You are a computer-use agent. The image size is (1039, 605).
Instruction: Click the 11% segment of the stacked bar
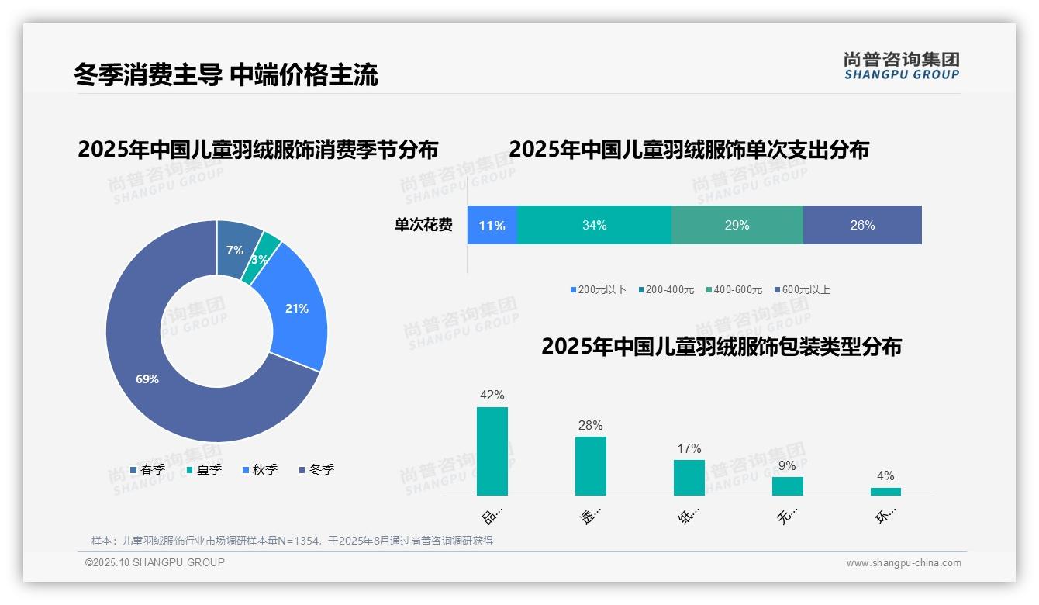(492, 226)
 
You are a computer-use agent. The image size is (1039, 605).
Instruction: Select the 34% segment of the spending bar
(594, 226)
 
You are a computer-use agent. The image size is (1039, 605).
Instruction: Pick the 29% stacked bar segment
(737, 226)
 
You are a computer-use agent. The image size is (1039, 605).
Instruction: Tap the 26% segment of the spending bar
(862, 226)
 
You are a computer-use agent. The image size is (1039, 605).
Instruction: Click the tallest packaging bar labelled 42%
(492, 451)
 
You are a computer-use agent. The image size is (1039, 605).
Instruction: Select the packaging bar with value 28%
(590, 466)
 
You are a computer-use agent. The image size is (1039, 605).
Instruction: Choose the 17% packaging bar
(689, 478)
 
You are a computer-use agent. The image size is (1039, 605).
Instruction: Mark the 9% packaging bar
(787, 486)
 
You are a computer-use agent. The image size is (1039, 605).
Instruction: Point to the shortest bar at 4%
(885, 492)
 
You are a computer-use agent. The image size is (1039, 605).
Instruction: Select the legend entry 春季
(147, 469)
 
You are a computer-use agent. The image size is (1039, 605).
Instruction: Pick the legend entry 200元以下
(598, 289)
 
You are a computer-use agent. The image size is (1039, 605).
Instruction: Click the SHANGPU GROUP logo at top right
(901, 66)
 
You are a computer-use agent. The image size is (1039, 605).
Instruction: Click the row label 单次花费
(423, 226)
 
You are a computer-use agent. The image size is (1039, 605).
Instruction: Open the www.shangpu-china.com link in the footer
(903, 563)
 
